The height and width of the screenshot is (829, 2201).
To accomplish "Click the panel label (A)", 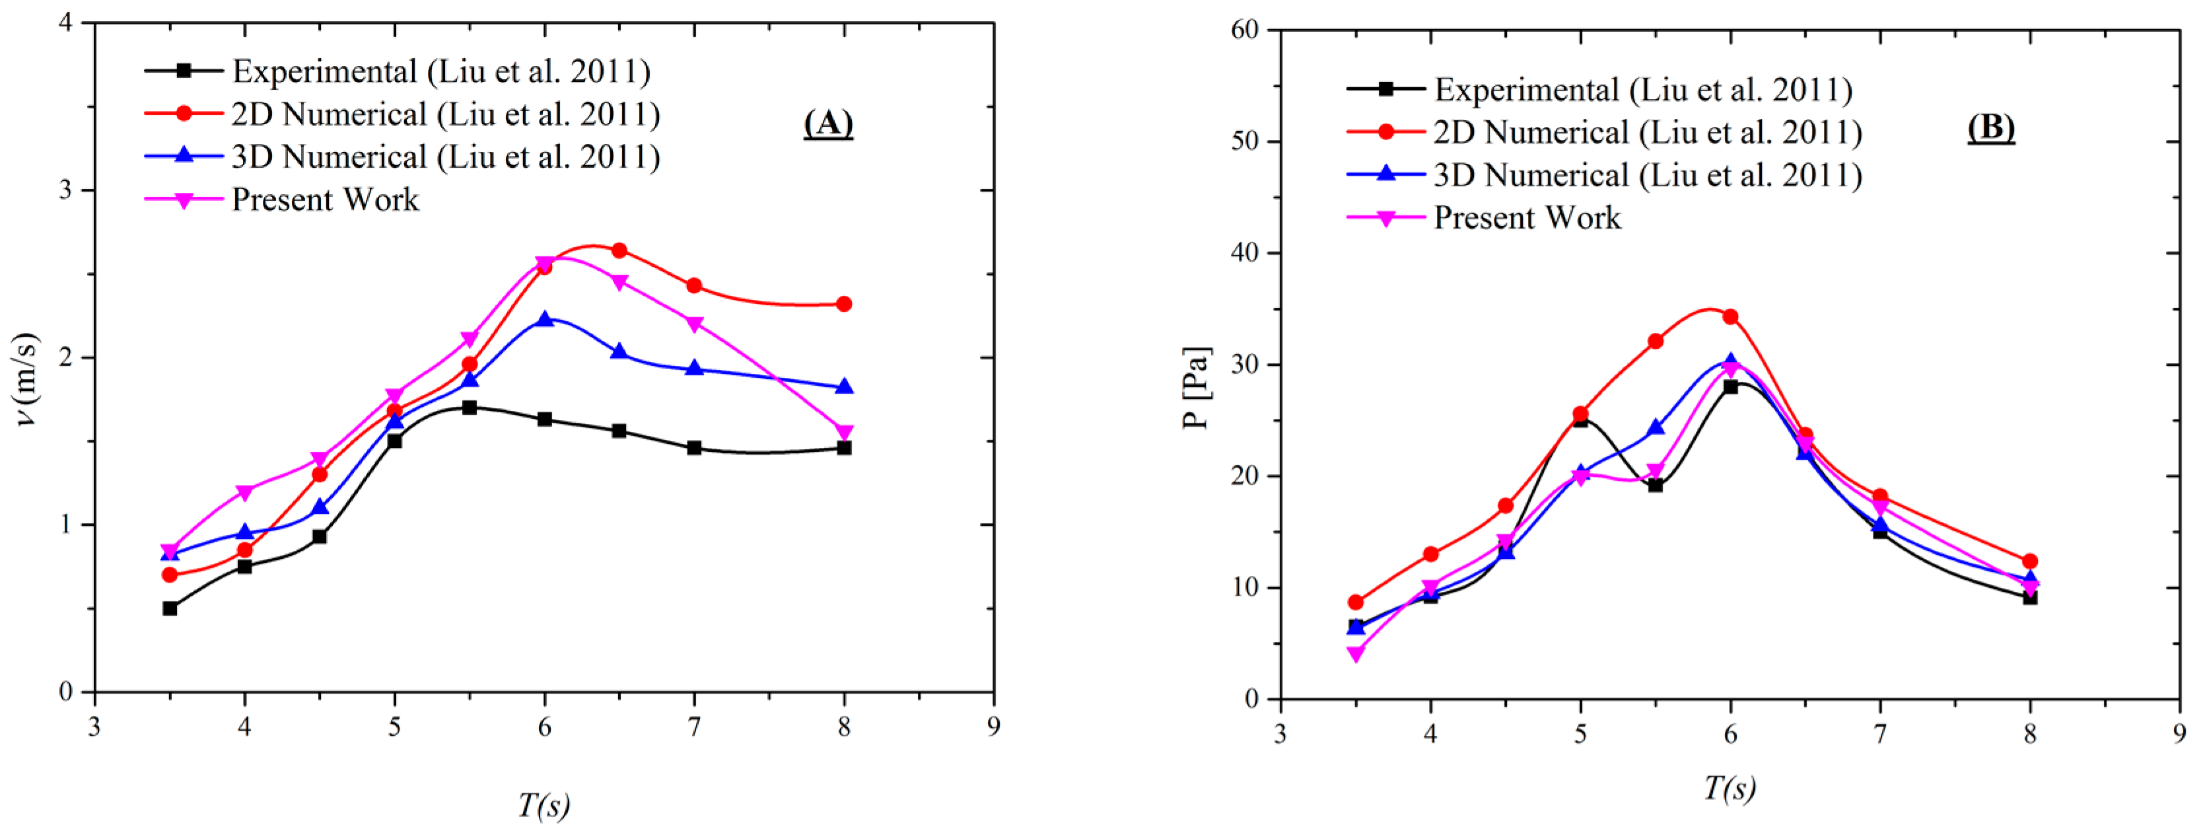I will (828, 124).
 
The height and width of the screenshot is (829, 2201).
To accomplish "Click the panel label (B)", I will (1991, 128).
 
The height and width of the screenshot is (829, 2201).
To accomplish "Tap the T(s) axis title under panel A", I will (543, 804).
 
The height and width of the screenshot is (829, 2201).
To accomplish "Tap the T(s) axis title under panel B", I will (1729, 786).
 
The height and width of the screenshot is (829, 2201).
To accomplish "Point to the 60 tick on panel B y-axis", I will (1245, 30).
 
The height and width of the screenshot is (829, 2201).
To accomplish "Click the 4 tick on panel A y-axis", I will (66, 23).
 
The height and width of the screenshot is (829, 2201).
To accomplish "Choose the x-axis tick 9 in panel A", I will (993, 727).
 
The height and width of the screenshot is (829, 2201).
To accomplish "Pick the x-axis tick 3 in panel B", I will (1280, 734).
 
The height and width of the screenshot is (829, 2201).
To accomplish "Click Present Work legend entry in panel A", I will (325, 200).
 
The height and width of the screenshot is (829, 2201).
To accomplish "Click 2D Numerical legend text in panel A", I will (445, 114).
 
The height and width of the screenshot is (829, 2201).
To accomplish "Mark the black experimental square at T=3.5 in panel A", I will (170, 608).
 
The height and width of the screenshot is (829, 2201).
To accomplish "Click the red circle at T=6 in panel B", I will (1730, 317).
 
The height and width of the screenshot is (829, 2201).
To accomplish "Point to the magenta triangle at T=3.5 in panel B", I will (1355, 655).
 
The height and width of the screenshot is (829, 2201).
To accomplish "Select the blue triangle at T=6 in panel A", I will (544, 320).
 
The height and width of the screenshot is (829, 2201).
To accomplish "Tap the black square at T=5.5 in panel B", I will (1655, 485).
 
